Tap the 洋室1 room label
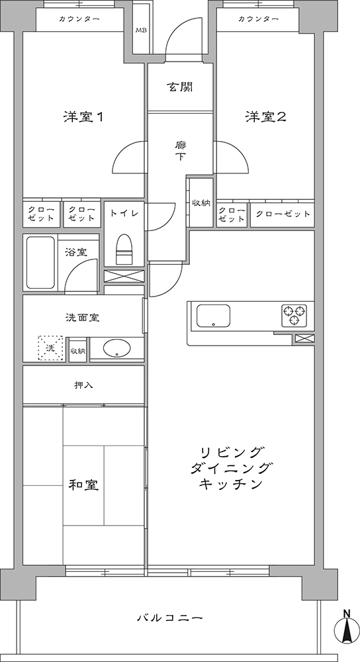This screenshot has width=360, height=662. [x=83, y=117]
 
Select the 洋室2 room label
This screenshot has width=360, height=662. [x=266, y=117]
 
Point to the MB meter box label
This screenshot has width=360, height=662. [x=140, y=30]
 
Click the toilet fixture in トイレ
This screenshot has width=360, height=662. [x=124, y=250]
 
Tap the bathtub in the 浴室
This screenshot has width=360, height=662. [x=41, y=262]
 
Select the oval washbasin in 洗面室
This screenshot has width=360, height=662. [x=117, y=349]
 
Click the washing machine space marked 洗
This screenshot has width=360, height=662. [x=50, y=348]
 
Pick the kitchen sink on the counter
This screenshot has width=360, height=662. [x=213, y=315]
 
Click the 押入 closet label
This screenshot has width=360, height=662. [x=83, y=385]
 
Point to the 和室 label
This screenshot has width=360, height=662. [x=83, y=485]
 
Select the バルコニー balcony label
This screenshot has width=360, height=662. [x=171, y=618]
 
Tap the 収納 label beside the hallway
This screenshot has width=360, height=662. [x=201, y=203]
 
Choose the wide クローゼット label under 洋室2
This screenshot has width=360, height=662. [x=283, y=214]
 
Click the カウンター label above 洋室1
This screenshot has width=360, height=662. [x=80, y=19]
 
